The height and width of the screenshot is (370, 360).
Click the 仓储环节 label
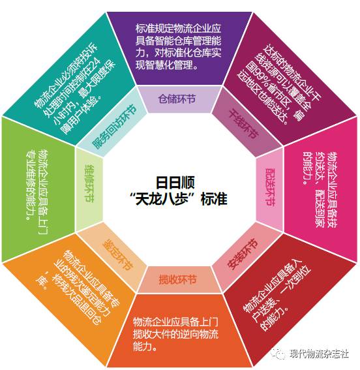(x=177, y=99)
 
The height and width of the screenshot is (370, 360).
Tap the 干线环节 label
(x=244, y=123)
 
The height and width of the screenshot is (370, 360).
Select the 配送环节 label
(x=271, y=187)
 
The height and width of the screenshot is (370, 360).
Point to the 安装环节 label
(x=243, y=254)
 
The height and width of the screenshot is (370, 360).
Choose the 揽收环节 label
(x=177, y=280)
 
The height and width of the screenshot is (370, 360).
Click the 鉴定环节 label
(x=117, y=254)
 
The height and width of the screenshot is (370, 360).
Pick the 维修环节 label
(x=89, y=183)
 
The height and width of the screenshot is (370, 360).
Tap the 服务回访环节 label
(x=115, y=127)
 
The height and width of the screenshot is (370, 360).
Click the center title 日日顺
(x=175, y=183)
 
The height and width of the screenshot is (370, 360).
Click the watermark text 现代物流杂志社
(x=320, y=354)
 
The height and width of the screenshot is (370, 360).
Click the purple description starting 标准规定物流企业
(x=178, y=46)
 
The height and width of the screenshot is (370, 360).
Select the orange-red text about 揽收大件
(x=175, y=334)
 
